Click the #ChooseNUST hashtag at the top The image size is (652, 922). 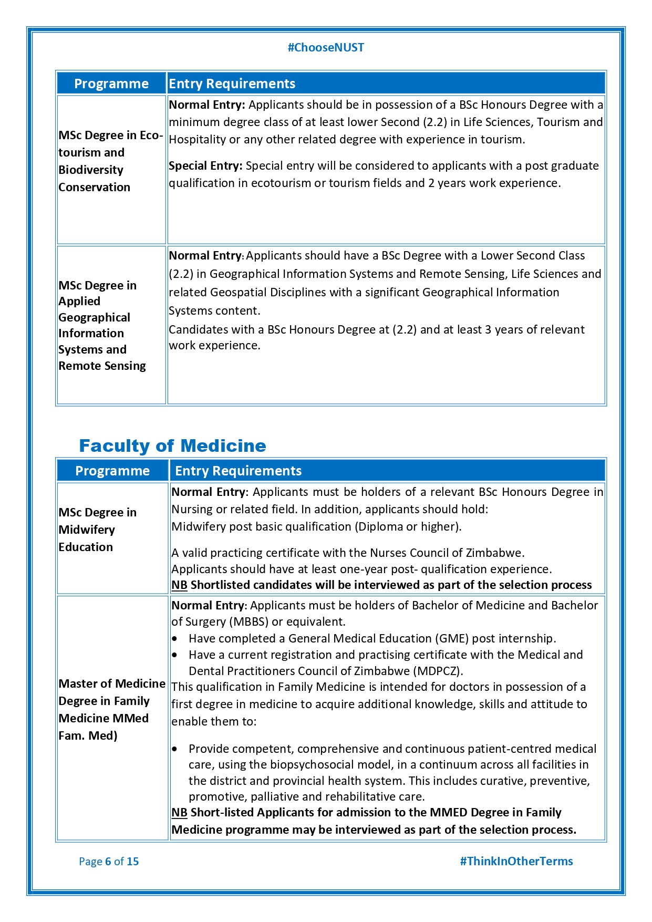pyautogui.click(x=326, y=48)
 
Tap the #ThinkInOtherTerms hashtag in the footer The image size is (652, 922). pyautogui.click(x=516, y=861)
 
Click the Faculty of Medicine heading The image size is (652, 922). pyautogui.click(x=172, y=446)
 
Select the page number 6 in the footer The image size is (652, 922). pyautogui.click(x=108, y=861)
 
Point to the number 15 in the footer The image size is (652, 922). pyautogui.click(x=133, y=861)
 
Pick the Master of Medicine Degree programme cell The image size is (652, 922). pyautogui.click(x=111, y=709)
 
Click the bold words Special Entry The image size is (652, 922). pyautogui.click(x=205, y=166)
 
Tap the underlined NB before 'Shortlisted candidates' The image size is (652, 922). pyautogui.click(x=179, y=585)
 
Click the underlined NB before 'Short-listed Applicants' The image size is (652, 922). pyautogui.click(x=179, y=813)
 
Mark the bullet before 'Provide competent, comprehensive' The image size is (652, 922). pyautogui.click(x=175, y=749)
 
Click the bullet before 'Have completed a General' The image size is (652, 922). pyautogui.click(x=175, y=639)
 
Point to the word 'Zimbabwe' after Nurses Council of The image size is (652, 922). pyautogui.click(x=498, y=553)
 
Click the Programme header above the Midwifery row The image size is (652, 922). pyautogui.click(x=112, y=471)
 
